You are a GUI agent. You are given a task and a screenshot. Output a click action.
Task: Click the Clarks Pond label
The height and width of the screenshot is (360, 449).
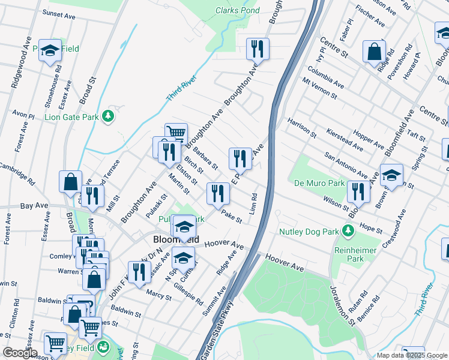point(238,10)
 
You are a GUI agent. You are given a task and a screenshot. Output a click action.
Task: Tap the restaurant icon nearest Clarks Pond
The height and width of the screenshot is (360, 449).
point(258,49)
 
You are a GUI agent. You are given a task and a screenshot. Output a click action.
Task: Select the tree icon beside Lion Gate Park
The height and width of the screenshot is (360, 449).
point(108,116)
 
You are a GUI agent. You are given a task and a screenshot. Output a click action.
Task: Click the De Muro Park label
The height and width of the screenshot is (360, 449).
point(319,183)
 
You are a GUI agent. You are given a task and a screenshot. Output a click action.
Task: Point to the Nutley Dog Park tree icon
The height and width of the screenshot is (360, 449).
point(348,230)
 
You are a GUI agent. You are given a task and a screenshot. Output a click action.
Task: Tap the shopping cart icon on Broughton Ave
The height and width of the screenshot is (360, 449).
point(176,133)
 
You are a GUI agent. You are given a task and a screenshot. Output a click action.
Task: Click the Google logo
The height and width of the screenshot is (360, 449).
point(20,353)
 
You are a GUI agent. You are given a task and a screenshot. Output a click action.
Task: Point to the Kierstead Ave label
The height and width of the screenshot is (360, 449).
point(345,139)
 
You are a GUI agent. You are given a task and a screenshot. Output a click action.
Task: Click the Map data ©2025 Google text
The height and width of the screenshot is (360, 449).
point(411,355)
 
